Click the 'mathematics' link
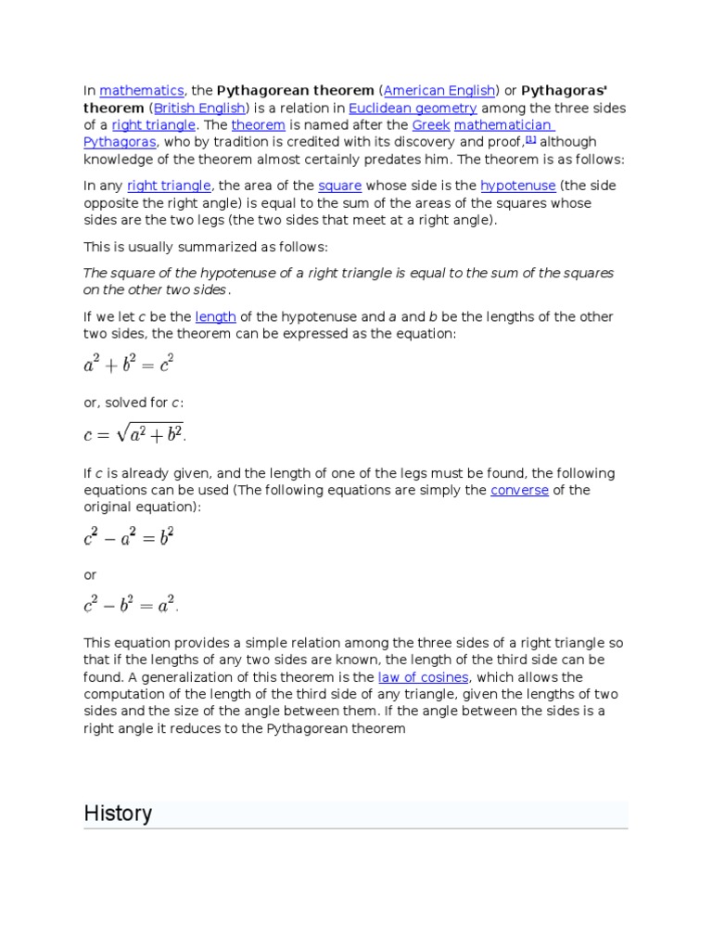pos(142,91)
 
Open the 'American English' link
pos(439,91)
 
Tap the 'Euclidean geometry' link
pos(413,109)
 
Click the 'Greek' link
pos(430,125)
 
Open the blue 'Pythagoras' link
pos(121,143)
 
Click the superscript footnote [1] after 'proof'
pos(531,139)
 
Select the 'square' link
pos(339,186)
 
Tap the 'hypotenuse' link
pos(517,186)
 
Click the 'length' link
pos(216,317)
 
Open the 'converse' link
pos(519,491)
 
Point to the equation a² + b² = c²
pos(129,366)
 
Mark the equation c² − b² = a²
pos(131,606)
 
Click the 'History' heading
pos(118,814)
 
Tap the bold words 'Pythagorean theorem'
pos(295,91)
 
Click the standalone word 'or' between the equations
pos(90,575)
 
